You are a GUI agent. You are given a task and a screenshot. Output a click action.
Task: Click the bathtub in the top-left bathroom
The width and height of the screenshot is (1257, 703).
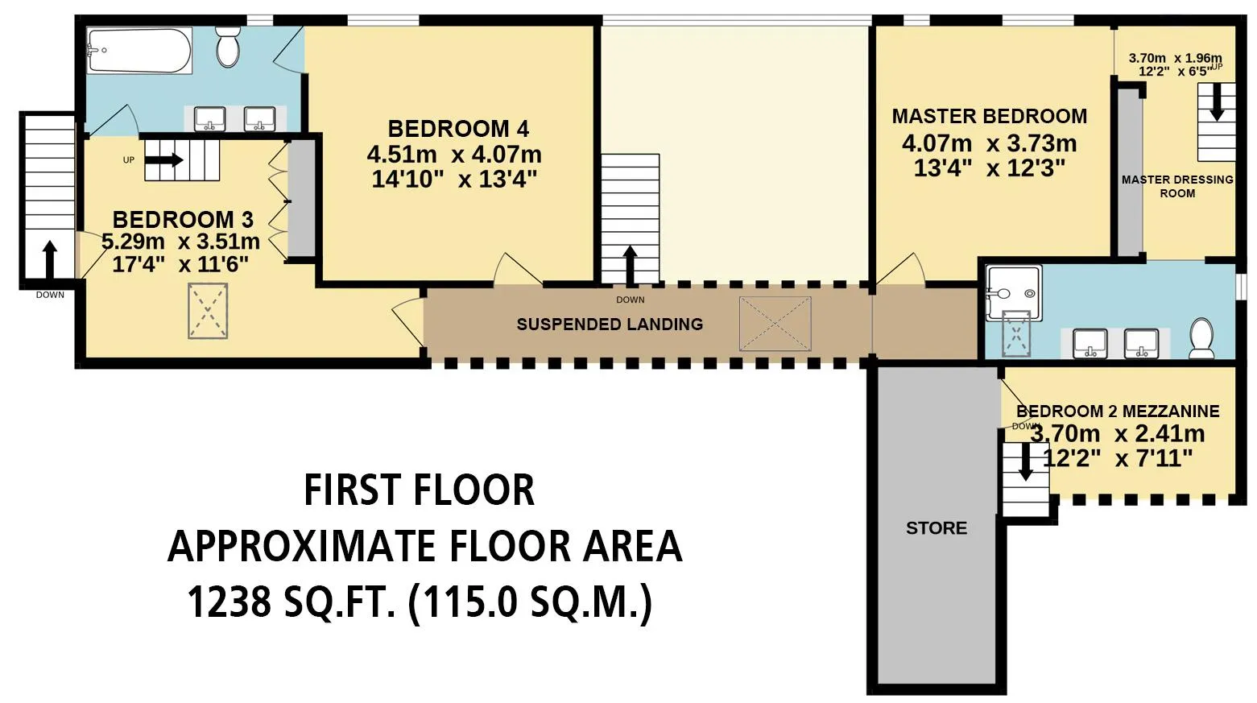coord(140,51)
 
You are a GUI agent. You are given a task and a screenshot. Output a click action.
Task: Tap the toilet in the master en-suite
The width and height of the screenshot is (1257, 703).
coord(1201,337)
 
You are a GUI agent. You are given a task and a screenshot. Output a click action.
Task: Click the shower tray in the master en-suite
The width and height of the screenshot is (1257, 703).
coord(1014,293)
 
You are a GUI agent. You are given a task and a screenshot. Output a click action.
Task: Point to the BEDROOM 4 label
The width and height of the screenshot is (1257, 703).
coord(458,129)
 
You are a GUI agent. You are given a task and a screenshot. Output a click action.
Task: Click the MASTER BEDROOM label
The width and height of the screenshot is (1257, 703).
coord(990,116)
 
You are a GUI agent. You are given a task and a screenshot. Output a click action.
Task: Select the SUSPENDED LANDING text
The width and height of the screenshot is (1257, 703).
coord(610,325)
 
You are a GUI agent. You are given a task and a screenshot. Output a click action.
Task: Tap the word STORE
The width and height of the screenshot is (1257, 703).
coord(937,528)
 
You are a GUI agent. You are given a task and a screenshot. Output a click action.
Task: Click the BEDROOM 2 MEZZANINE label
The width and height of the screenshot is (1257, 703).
coord(1118,411)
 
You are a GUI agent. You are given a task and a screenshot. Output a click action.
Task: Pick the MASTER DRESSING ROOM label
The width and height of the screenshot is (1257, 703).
coord(1177,186)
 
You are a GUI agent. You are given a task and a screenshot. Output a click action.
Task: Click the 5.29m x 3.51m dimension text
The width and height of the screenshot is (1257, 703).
coord(180,242)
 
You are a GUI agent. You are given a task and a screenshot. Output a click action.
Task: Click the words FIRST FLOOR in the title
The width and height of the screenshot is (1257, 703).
coord(420,490)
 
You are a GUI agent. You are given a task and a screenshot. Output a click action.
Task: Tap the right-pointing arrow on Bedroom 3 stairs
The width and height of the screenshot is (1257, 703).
coord(164,160)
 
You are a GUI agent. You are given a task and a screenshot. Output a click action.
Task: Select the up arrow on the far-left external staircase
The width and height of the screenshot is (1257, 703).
coord(50,259)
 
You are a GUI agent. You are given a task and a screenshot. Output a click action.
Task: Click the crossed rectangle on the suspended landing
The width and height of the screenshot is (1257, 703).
coord(775,324)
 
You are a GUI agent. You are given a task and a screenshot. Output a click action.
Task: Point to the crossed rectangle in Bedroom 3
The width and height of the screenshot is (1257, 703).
coord(208,311)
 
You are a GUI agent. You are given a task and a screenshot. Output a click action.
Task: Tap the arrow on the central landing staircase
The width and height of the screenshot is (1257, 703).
coord(631,265)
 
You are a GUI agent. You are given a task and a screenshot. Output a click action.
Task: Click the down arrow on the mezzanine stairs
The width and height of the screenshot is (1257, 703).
coord(1026,461)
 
